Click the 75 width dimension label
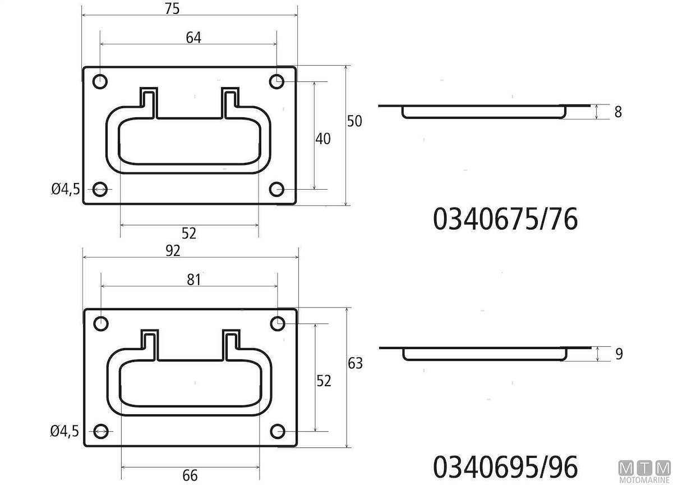click(173, 8)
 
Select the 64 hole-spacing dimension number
click(193, 38)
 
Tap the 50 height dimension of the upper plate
click(354, 121)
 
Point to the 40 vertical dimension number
click(323, 139)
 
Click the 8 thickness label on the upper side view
click(618, 112)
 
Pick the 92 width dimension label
click(173, 251)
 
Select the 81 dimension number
click(194, 280)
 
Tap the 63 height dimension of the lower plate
click(356, 363)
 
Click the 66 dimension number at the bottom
click(190, 475)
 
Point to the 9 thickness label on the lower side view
click(619, 354)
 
